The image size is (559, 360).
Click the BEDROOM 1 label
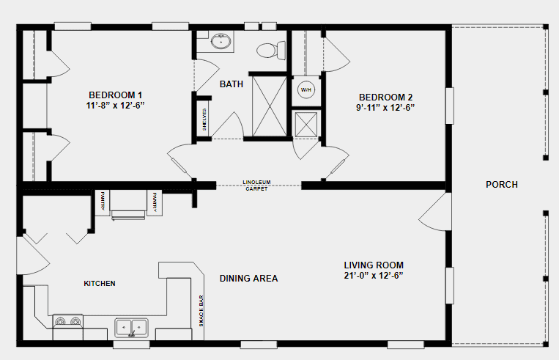[x=116, y=95]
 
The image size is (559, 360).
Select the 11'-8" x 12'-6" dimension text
[x=116, y=105]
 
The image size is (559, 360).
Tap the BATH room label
[x=232, y=84]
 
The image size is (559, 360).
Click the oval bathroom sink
[x=221, y=42]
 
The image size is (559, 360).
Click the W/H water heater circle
[x=306, y=90]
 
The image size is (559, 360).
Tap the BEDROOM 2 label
[x=385, y=98]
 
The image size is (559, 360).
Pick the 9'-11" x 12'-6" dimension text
[x=385, y=108]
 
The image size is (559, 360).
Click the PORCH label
[x=502, y=185]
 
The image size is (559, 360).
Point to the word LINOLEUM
[x=259, y=183]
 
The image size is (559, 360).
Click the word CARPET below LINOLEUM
[x=259, y=188]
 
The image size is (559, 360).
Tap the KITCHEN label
[x=100, y=283]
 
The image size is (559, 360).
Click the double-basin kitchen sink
[x=131, y=326]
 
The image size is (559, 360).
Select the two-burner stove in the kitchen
[x=67, y=321]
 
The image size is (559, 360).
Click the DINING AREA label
[x=248, y=279]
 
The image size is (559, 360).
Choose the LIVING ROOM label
[x=374, y=265]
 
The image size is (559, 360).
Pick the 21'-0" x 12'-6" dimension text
[x=374, y=276]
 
